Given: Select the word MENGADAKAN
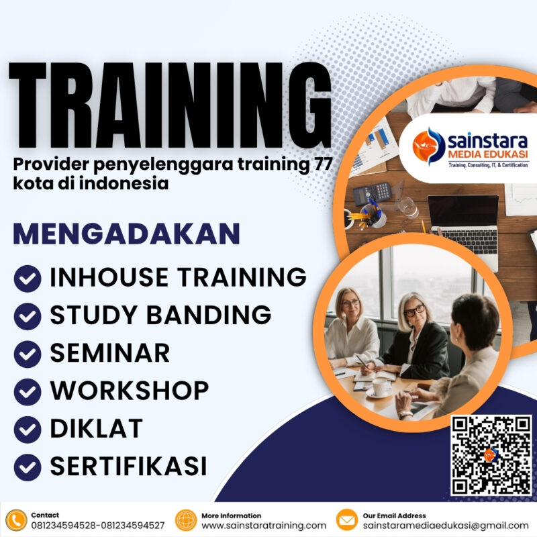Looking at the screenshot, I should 127,234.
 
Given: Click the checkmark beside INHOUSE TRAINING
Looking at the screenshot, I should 28,278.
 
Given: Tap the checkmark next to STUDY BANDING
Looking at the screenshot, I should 28,315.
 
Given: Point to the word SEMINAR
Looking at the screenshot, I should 110,353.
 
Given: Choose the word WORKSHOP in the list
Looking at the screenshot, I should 129,391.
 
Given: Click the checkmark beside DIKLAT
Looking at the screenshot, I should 28,428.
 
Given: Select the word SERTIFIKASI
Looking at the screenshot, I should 128,466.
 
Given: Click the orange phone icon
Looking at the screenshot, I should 16,520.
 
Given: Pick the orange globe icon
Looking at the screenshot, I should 186,520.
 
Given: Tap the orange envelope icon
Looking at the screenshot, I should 346,520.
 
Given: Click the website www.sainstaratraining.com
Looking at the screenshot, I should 264,526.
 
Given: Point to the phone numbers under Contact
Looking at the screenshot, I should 97,526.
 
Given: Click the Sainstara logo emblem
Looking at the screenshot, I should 429,145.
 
